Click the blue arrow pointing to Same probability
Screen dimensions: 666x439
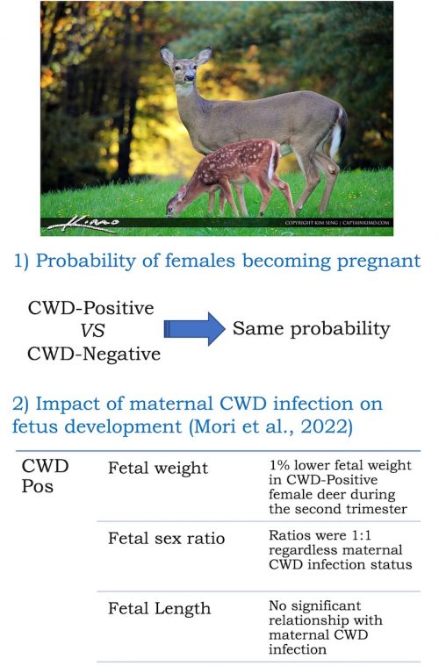pos(194,330)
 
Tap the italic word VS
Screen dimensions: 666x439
pos(93,332)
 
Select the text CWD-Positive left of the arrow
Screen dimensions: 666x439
pos(90,308)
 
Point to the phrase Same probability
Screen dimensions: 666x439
pos(311,329)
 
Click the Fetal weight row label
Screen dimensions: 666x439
pos(158,469)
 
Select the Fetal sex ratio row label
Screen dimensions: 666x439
pos(166,538)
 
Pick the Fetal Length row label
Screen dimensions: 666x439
pos(159,608)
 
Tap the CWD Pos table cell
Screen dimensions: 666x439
pos(45,475)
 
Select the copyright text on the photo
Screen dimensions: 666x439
pos(337,224)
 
